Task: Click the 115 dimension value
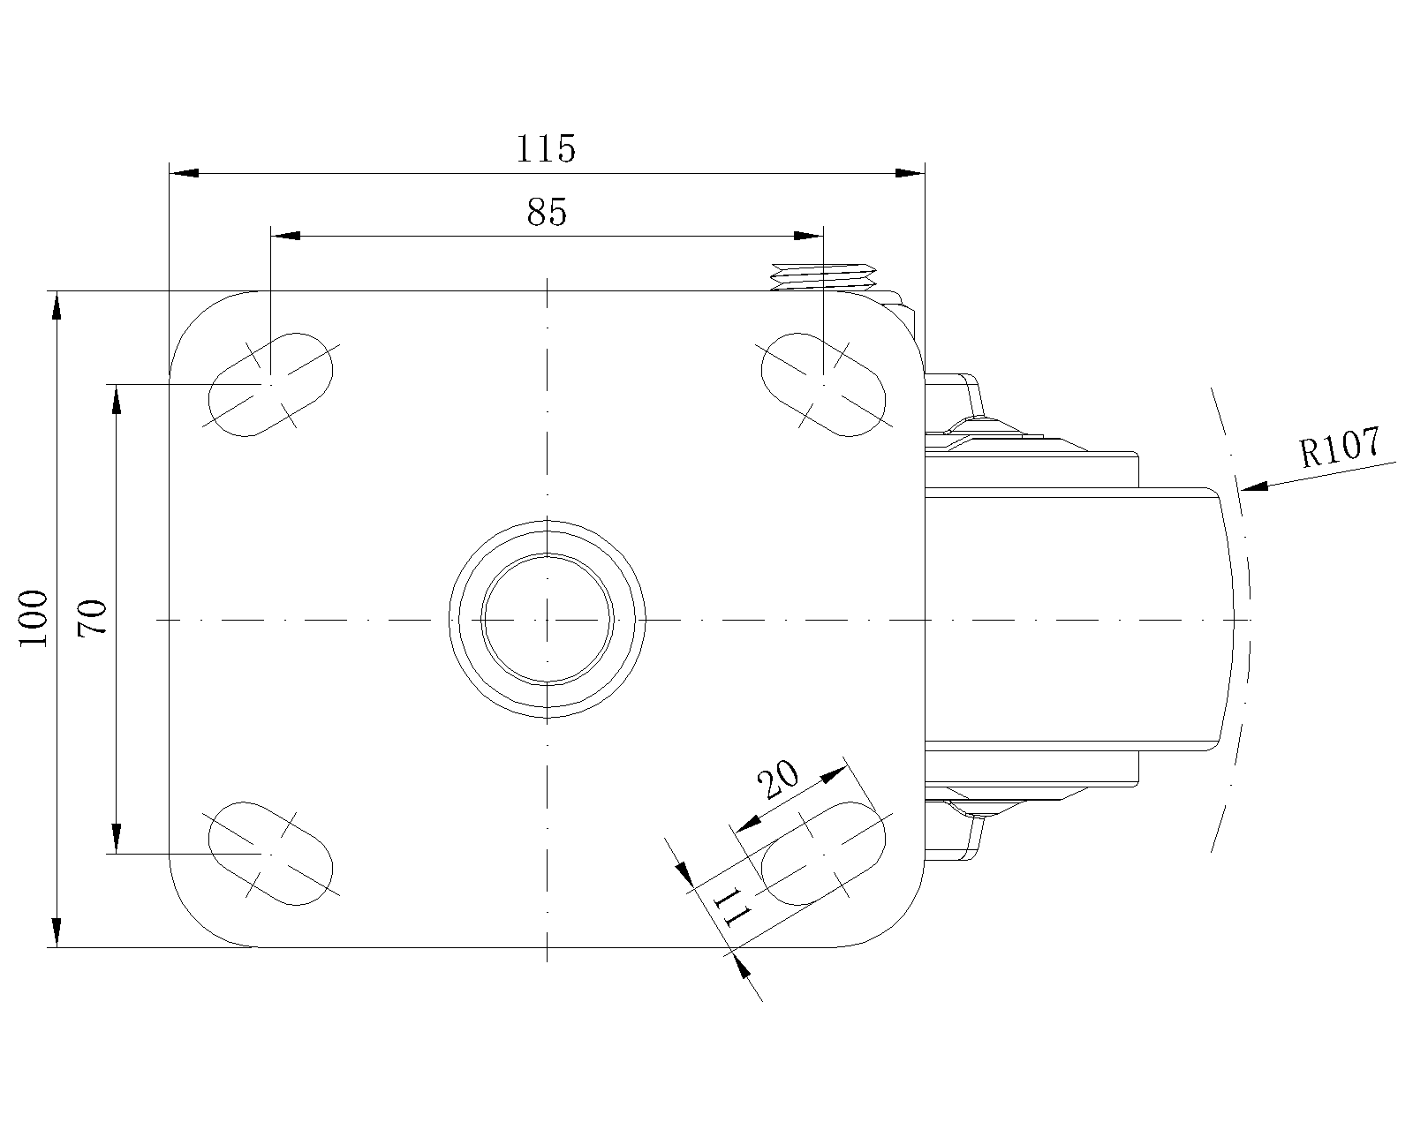pos(546,149)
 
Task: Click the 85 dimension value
pos(547,211)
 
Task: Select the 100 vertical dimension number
pos(34,619)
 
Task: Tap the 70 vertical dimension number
pos(92,618)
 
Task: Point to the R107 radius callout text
pos(1340,447)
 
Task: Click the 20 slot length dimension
pos(777,779)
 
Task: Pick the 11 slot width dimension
pos(731,907)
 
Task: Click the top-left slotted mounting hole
pos(270,384)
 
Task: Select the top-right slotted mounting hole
pos(823,384)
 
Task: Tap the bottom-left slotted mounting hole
pos(270,854)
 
